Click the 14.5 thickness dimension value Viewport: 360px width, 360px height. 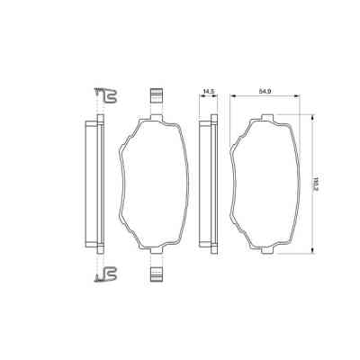(207, 92)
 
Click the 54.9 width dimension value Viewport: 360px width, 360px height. (265, 92)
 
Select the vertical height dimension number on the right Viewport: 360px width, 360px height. (316, 184)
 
